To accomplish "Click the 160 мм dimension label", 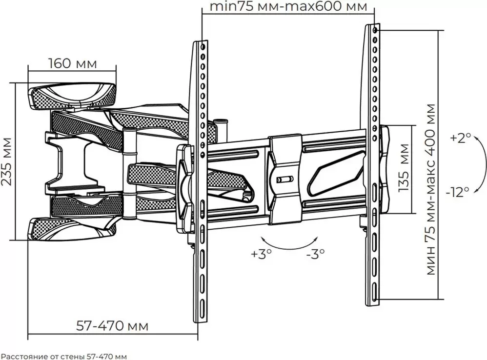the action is point(73,63).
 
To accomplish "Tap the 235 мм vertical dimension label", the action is point(7,161).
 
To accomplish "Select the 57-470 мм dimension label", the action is point(112,326).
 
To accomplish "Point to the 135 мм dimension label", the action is point(404,168).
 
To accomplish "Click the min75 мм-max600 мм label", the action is point(288,6).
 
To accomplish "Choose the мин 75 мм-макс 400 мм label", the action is point(431,189).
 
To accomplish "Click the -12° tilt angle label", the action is point(458,193).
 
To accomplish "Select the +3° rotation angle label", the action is point(262,254).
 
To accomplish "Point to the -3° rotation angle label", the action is point(316,254).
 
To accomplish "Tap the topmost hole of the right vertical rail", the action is point(375,30).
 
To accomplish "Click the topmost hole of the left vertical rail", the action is point(203,47).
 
